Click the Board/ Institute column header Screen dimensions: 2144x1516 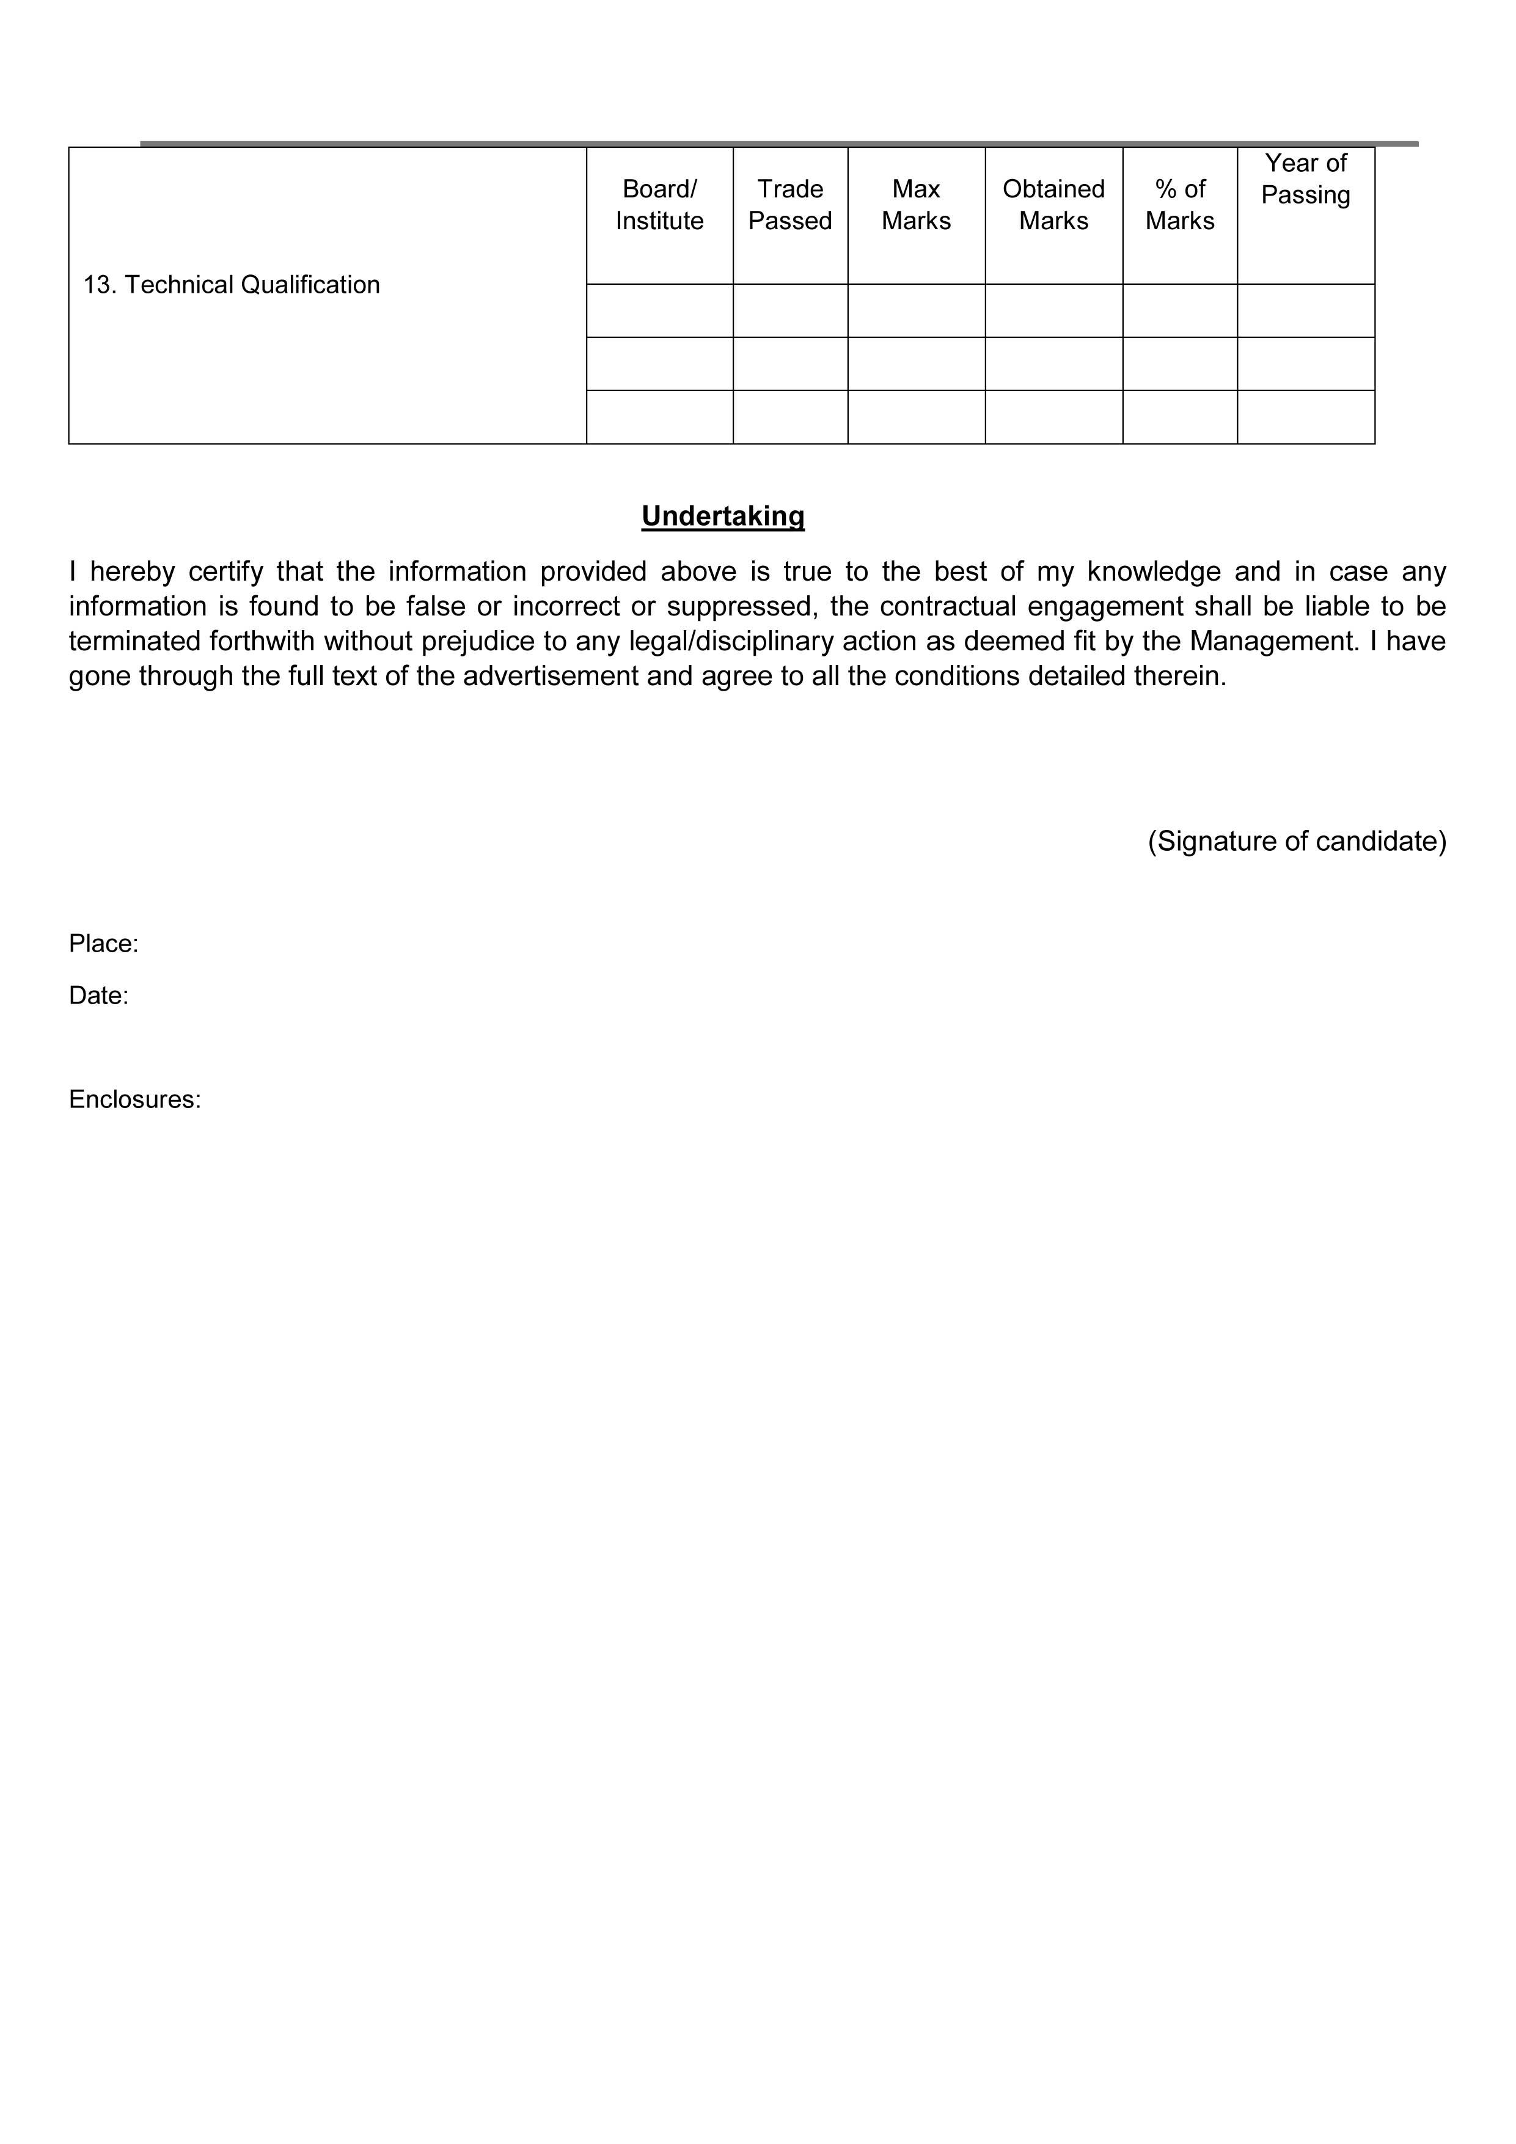(659, 205)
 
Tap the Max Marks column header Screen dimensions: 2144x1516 (916, 205)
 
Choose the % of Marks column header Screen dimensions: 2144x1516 (1180, 205)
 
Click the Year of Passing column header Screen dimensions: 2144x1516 (1305, 179)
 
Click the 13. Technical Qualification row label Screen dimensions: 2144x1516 (232, 285)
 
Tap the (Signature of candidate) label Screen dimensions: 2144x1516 (1297, 842)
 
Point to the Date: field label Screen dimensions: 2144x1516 (98, 996)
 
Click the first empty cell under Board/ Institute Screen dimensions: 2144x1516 (659, 311)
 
